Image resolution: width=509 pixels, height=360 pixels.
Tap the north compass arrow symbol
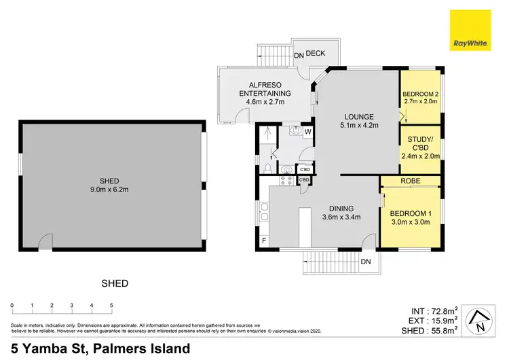click(x=480, y=319)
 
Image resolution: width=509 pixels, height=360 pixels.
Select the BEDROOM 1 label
click(x=409, y=213)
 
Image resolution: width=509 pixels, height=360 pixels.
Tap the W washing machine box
click(x=307, y=131)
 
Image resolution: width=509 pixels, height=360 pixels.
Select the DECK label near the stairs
click(x=316, y=53)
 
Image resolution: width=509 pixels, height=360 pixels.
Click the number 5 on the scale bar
click(x=111, y=306)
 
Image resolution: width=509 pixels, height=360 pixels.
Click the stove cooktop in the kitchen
click(x=286, y=180)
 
